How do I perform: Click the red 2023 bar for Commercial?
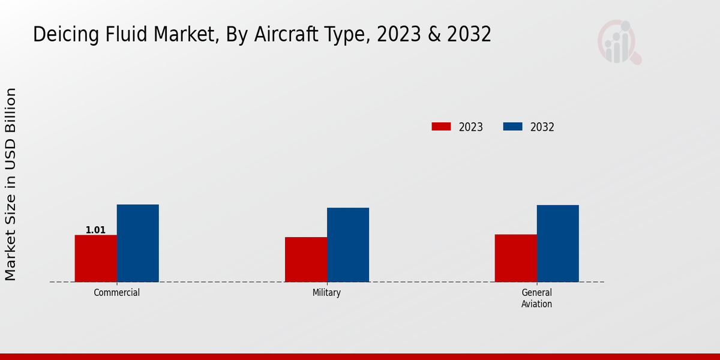coord(95,258)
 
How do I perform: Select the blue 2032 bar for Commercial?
coord(137,243)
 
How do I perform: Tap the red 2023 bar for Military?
coord(306,259)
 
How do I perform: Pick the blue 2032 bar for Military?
coord(348,245)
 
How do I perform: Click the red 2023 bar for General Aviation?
coord(515,258)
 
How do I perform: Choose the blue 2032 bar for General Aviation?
coord(557,243)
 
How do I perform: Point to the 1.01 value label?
coord(95,230)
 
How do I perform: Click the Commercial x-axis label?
coord(116,293)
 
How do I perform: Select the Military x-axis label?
coord(326,293)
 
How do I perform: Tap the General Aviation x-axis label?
coord(536,298)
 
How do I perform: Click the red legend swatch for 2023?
coord(441,127)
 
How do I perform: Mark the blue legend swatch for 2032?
coord(512,127)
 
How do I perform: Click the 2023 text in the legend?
coord(470,127)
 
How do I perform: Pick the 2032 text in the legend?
coord(542,127)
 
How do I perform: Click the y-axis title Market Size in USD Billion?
coord(11,184)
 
